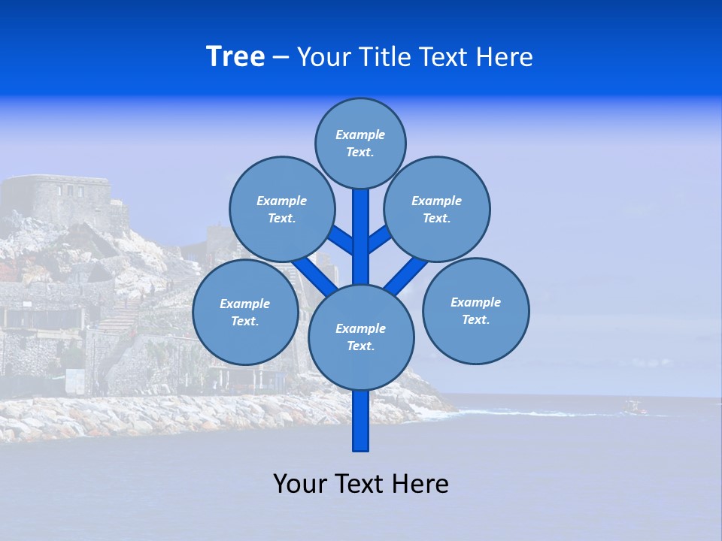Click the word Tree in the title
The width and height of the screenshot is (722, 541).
(235, 57)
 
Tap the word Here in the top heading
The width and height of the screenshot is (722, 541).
(505, 57)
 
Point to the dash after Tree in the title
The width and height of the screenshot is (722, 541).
(281, 58)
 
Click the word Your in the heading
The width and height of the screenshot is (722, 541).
(325, 57)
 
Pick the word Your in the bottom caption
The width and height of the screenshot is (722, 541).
(301, 484)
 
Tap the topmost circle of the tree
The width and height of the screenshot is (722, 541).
(360, 143)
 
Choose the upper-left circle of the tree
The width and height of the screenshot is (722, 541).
(281, 209)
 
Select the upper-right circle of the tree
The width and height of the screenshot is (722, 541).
(436, 209)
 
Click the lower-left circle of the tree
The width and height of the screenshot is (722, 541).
(244, 312)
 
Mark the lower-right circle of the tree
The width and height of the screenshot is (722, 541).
(475, 310)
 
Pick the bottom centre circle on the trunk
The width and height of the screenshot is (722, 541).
(360, 337)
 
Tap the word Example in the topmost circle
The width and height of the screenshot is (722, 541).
(360, 134)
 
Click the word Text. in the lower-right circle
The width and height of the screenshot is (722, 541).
(475, 319)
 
